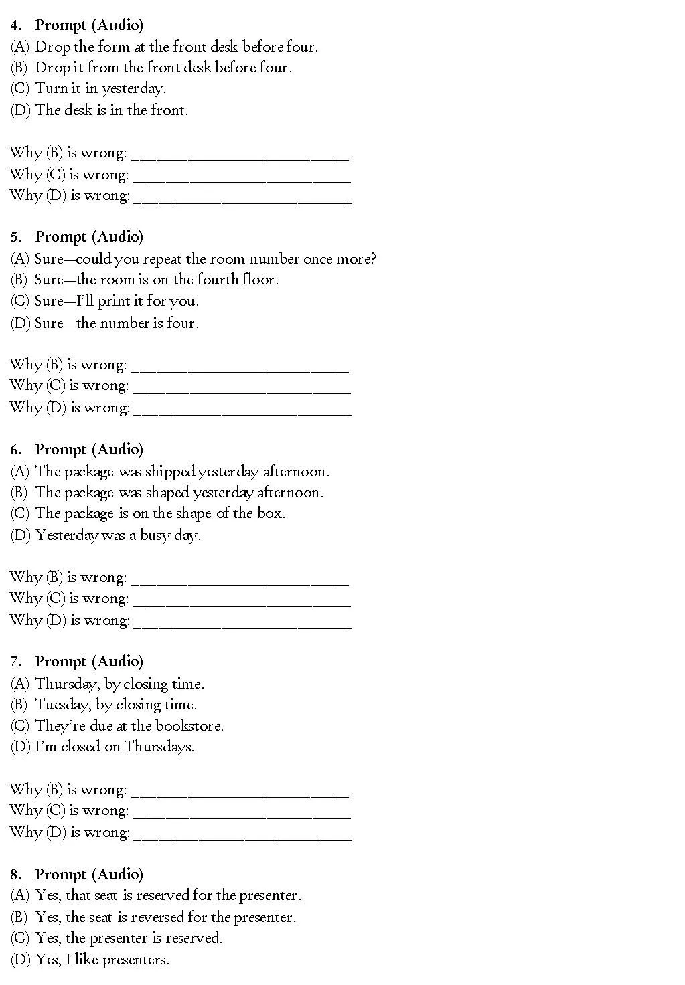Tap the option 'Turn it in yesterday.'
(x=100, y=88)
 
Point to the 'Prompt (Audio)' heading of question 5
(x=89, y=237)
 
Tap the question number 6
(x=15, y=450)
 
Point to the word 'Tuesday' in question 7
(x=62, y=705)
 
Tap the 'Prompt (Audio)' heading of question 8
(x=89, y=875)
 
